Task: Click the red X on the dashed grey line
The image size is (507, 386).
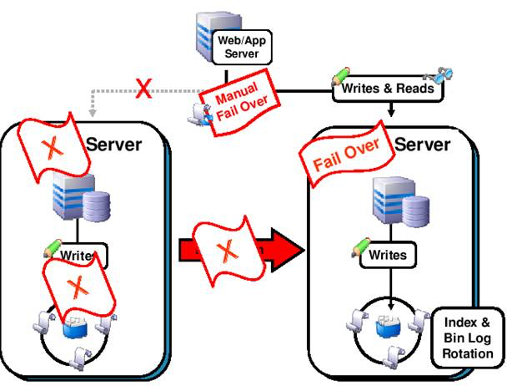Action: click(143, 88)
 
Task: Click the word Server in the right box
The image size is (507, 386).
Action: click(422, 144)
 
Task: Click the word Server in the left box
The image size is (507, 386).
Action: click(113, 143)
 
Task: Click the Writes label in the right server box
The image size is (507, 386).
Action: click(389, 253)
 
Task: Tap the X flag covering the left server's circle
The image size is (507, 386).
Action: click(78, 287)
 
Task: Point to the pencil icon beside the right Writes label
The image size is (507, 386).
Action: click(359, 246)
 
